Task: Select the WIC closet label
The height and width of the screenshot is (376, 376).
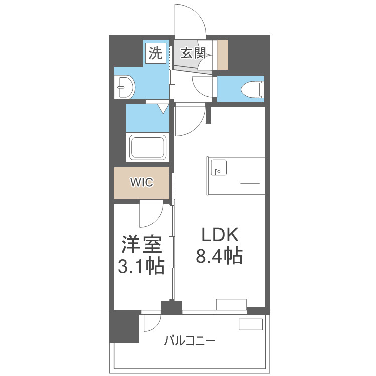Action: tap(142, 182)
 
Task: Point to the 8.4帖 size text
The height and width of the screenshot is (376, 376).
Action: tap(219, 256)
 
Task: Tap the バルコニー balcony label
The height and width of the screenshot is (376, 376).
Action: tap(190, 342)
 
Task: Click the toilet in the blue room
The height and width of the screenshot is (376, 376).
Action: tap(252, 89)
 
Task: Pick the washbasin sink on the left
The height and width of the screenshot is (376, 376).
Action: tap(124, 88)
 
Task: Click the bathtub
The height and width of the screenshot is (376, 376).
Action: tap(148, 147)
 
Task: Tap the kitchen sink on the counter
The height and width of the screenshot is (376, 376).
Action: tap(218, 168)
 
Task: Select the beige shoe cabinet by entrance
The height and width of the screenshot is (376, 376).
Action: tap(222, 55)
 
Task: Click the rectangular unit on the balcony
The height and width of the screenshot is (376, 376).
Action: tap(250, 324)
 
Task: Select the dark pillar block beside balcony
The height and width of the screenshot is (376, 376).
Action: tap(124, 326)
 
